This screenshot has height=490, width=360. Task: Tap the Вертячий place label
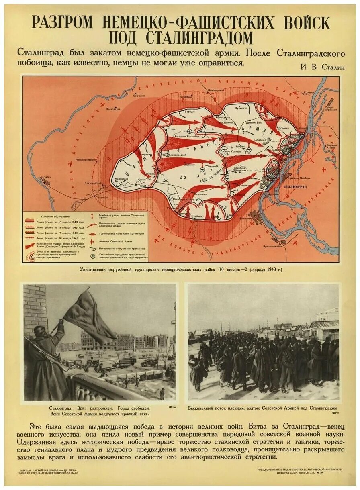tap(139, 96)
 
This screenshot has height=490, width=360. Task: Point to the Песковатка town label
tap(113, 108)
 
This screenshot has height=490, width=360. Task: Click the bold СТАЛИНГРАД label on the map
tap(295, 187)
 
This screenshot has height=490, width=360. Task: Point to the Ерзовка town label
tap(309, 92)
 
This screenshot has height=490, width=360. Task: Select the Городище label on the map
tap(260, 140)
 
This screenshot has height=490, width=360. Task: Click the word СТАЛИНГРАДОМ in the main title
tap(181, 38)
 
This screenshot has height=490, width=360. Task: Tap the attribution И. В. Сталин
tap(322, 67)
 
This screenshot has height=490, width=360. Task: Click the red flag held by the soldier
tap(88, 317)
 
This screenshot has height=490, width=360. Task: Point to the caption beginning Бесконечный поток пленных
tap(262, 408)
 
